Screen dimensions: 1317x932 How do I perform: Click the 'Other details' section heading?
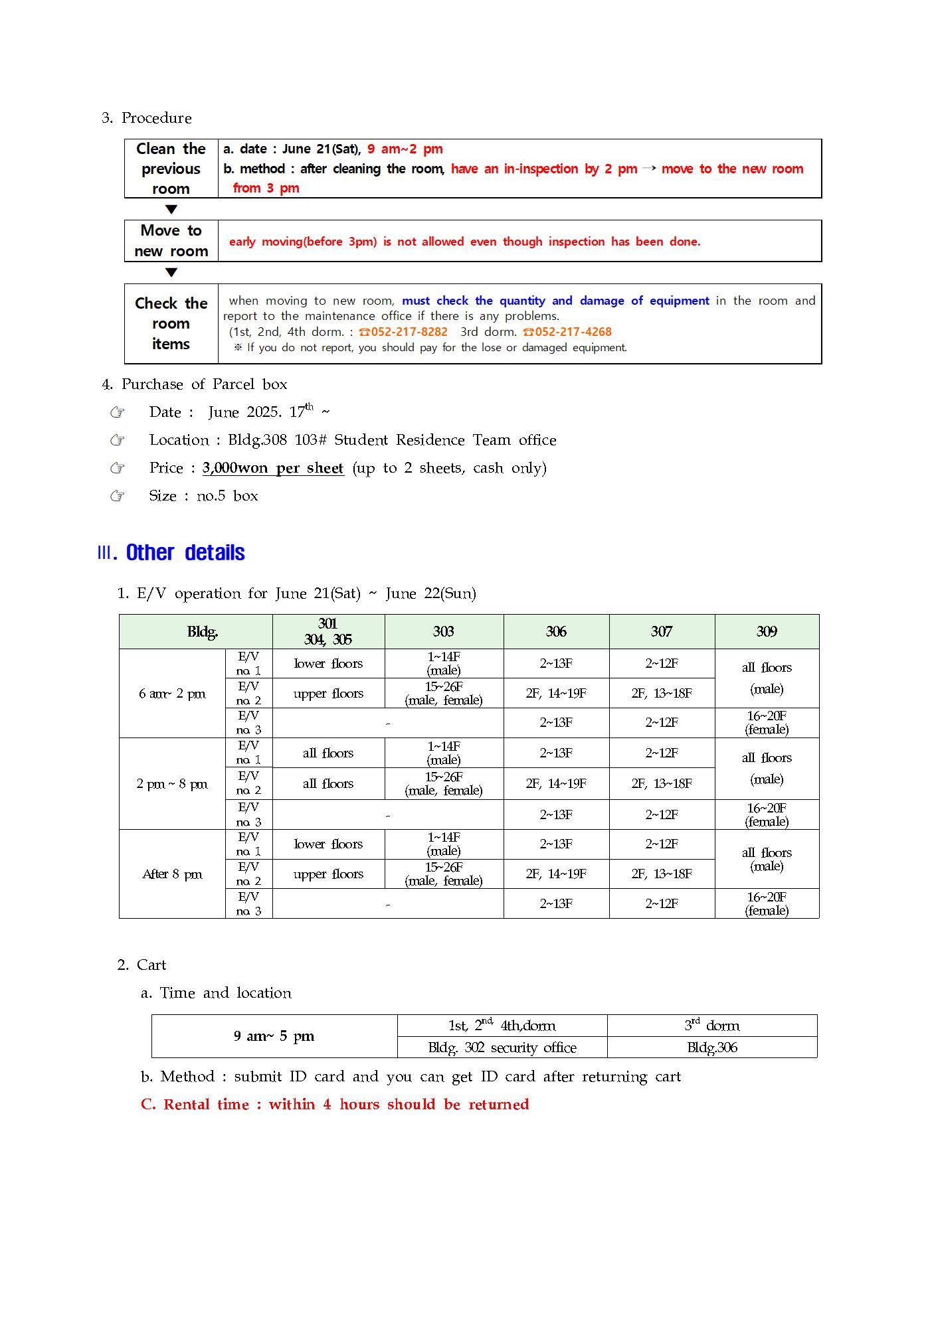(185, 552)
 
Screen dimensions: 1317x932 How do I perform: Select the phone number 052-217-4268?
(573, 332)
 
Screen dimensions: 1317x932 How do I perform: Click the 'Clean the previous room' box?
(171, 169)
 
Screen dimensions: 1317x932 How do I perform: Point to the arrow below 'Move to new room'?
(171, 272)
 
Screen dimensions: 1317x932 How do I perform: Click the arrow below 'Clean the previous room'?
(171, 210)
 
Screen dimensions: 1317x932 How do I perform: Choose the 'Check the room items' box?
(171, 323)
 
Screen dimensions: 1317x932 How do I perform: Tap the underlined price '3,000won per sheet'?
(273, 468)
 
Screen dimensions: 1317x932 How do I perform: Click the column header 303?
(444, 631)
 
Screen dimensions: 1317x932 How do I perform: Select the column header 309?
(767, 631)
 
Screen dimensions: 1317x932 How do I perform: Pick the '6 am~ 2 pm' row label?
(173, 694)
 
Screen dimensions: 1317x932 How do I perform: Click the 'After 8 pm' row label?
(173, 874)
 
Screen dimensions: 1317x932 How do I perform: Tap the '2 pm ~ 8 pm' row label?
(173, 784)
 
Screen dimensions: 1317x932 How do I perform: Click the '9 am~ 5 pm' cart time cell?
(274, 1036)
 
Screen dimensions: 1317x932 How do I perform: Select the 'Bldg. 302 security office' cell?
(502, 1047)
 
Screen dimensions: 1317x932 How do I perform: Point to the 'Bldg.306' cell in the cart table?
(712, 1047)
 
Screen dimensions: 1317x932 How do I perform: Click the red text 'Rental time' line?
(335, 1105)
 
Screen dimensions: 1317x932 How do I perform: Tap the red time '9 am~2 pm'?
(405, 149)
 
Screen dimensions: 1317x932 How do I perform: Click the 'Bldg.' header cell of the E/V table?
(203, 632)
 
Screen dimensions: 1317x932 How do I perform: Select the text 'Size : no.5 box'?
(203, 496)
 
